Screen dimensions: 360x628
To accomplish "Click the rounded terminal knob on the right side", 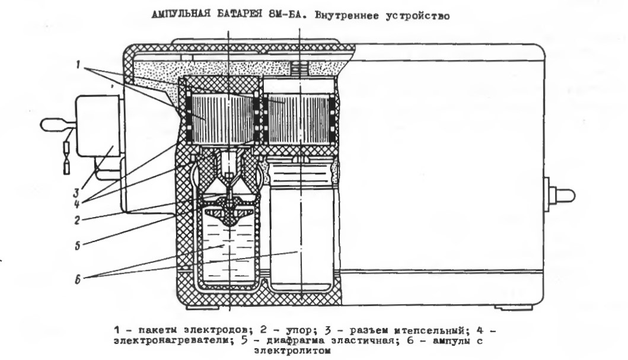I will [564, 194].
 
